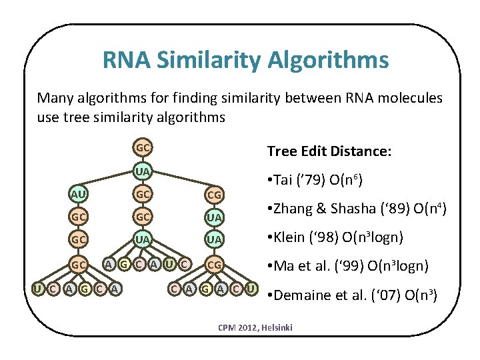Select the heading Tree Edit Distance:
coord(329,151)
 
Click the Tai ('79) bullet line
coord(315,181)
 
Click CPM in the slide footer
coord(227,329)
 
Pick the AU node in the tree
coord(79,193)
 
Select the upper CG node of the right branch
coord(215,195)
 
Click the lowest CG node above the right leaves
coord(215,265)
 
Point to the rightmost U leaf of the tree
coord(251,288)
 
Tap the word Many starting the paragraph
coord(53,99)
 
